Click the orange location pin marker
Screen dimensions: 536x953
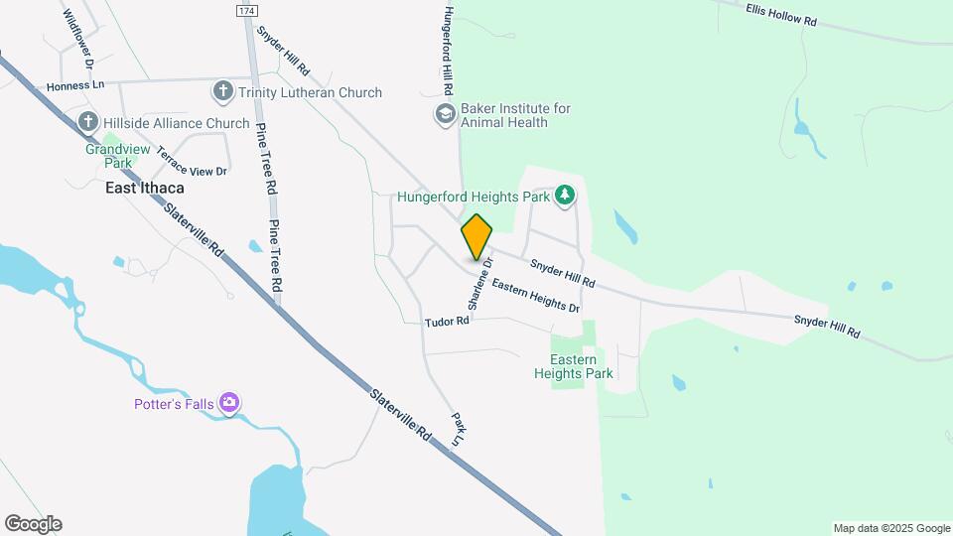point(476,237)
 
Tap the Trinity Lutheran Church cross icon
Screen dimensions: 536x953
point(221,92)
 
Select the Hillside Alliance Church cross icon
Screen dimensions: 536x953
point(88,122)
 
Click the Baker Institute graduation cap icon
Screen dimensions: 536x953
point(444,114)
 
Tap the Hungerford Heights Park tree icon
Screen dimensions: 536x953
point(565,196)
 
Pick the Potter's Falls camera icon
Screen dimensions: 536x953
point(230,403)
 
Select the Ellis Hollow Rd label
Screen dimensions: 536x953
point(780,13)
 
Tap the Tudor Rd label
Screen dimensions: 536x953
point(447,322)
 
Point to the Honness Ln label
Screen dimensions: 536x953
point(75,86)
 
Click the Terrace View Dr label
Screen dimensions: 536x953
point(192,159)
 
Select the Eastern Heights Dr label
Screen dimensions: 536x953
point(535,297)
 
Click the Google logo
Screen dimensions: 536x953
point(33,524)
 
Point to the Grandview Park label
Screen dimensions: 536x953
point(109,156)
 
